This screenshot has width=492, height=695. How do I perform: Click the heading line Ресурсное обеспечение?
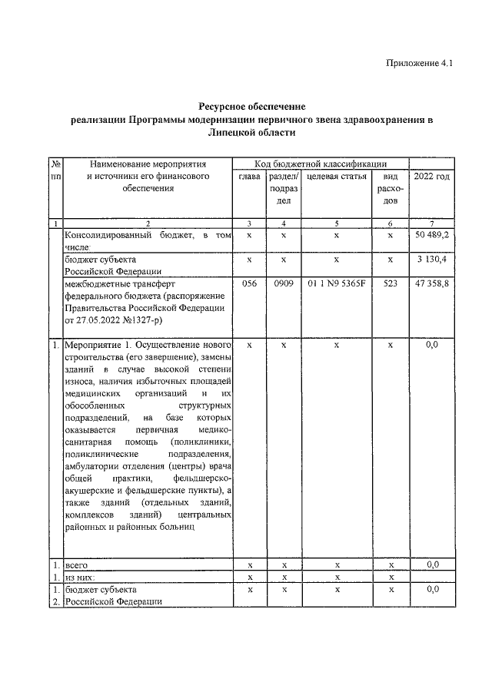pos(252,105)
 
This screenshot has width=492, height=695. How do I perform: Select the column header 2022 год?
pos(432,177)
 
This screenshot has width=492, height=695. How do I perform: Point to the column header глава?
pos(249,177)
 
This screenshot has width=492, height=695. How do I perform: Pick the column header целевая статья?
pos(336,177)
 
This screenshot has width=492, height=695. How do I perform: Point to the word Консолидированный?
pos(108,234)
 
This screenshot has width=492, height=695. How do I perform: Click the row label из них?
pos(81,577)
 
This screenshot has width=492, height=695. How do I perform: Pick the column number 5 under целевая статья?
pos(336,223)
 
